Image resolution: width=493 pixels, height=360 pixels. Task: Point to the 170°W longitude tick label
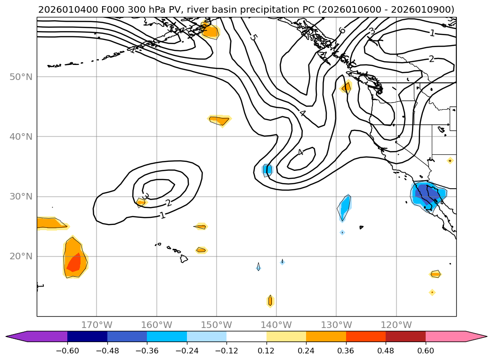97,325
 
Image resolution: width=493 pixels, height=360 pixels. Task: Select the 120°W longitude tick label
396,325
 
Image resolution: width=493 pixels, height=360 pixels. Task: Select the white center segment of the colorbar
246,336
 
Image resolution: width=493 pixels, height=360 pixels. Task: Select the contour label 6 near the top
342,31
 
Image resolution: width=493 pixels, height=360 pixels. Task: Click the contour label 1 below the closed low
162,216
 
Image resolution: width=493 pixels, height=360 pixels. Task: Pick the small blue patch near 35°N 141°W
267,169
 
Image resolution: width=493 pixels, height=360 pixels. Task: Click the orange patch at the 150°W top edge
210,31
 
